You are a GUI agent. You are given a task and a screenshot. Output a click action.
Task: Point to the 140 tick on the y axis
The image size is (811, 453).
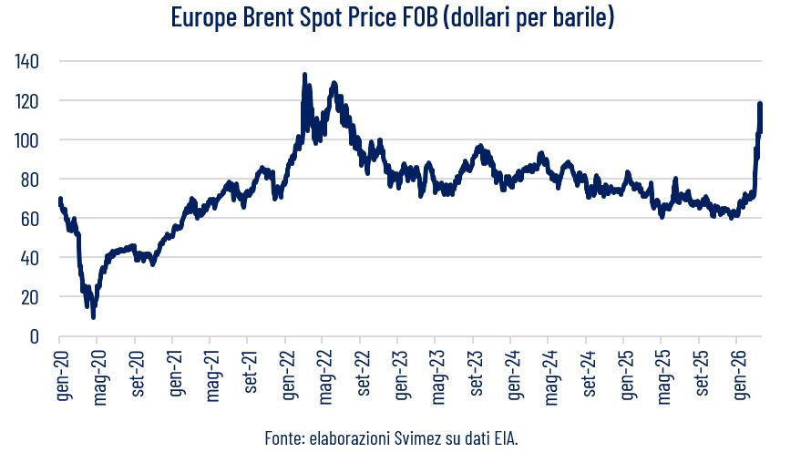(x=30, y=61)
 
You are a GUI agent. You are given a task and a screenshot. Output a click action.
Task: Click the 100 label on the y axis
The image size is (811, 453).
(x=30, y=139)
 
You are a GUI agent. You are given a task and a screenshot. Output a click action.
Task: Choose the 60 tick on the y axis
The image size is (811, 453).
(x=34, y=219)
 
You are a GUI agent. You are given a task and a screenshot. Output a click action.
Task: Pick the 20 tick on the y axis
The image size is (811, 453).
(x=34, y=297)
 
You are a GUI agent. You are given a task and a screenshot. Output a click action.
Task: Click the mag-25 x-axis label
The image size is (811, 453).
(x=662, y=374)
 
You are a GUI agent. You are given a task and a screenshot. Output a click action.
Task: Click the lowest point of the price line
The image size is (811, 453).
(x=93, y=316)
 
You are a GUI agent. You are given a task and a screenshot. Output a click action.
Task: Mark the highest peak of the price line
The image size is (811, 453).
(x=304, y=75)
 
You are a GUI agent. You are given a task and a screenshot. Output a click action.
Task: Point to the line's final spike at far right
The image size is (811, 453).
(x=760, y=104)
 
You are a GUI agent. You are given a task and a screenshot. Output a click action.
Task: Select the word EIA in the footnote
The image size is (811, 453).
(x=502, y=439)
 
